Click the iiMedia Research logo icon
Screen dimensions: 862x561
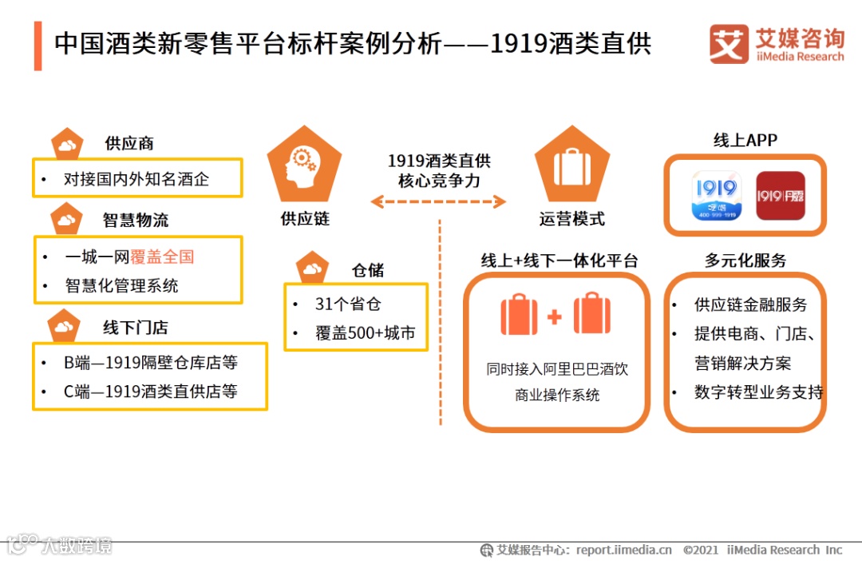(x=729, y=45)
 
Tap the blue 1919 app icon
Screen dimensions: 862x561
(x=716, y=196)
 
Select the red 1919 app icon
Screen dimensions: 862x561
(x=780, y=196)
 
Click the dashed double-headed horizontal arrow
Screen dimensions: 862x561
(x=439, y=201)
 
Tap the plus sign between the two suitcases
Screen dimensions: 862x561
(x=555, y=317)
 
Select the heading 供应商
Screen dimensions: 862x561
(x=129, y=144)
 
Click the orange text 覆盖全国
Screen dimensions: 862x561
(x=162, y=257)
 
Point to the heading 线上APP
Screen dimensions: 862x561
(x=745, y=141)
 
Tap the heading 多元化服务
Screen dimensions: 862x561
(x=745, y=261)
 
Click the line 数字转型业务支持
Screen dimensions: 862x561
(x=758, y=392)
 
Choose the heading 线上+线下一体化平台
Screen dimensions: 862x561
(x=559, y=261)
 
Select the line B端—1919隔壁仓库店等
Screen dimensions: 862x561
(x=151, y=363)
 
